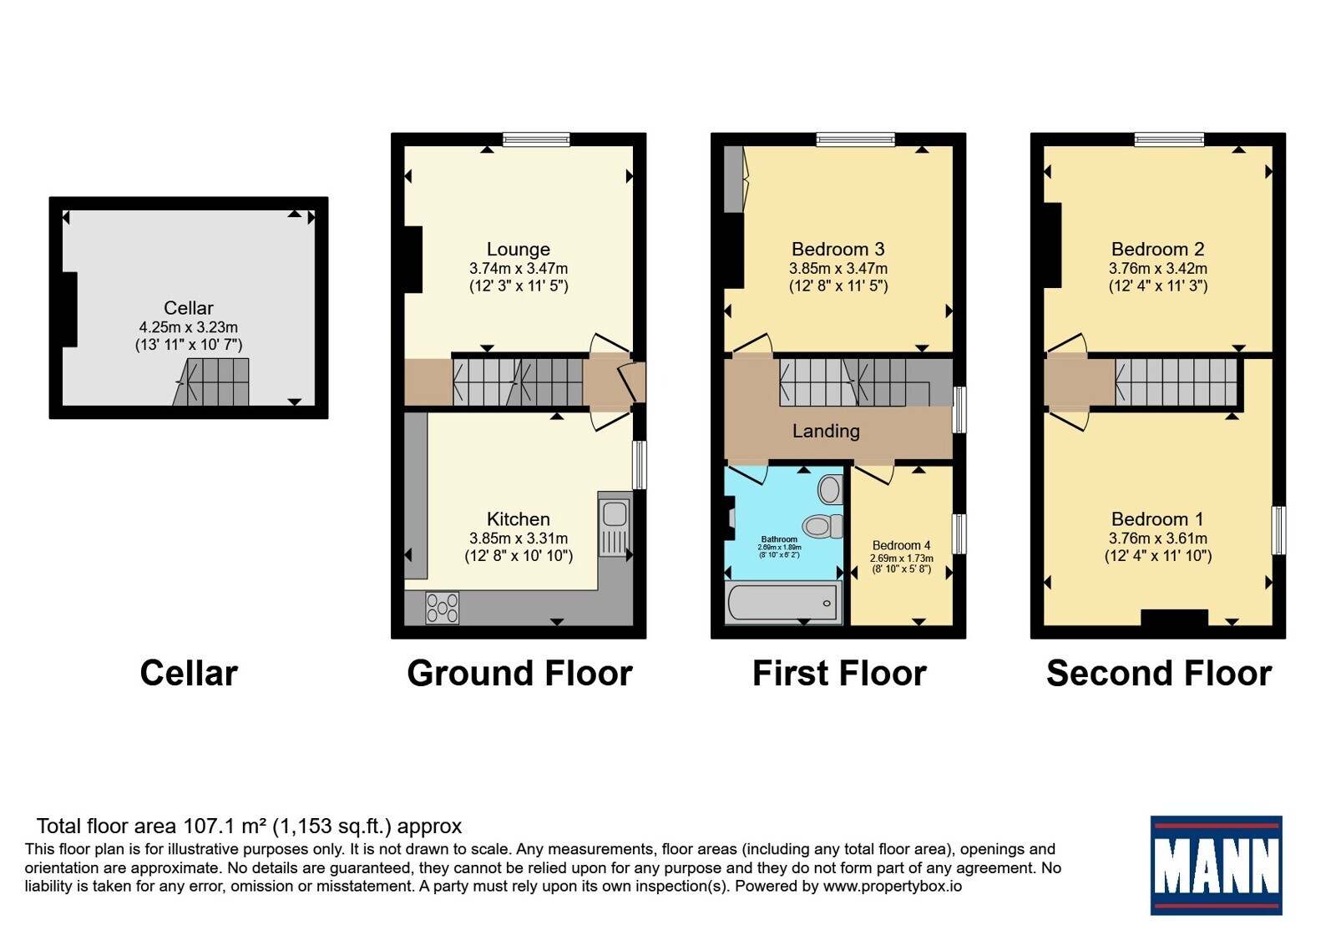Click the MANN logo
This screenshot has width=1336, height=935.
pos(1216,865)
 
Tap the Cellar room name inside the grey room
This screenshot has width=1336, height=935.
pos(189,308)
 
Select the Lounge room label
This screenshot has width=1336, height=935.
pos(519,250)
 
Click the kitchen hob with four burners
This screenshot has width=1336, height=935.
pos(442,608)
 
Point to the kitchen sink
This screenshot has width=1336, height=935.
pos(615,523)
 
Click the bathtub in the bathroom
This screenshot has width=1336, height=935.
pos(782,602)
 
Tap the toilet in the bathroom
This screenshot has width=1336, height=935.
pos(822,526)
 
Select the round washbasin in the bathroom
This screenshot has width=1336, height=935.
pos(830,489)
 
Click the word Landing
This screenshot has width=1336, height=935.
pos(826,431)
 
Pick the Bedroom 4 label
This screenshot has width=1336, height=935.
pos(901,546)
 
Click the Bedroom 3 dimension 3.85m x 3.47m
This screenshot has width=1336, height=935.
pos(838,268)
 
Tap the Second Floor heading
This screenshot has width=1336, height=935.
pos(1159,674)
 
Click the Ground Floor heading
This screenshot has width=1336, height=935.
pos(519,674)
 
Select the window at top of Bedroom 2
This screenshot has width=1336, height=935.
pos(1169,139)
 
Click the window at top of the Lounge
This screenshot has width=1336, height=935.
pos(536,139)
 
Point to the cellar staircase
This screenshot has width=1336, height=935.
pos(211,382)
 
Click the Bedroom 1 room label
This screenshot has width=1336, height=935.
pos(1157,518)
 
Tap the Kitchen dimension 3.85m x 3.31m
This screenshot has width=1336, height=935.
pos(519,538)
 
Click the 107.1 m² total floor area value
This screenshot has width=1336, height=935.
pos(225,826)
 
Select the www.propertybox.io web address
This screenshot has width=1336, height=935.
pos(893,886)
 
